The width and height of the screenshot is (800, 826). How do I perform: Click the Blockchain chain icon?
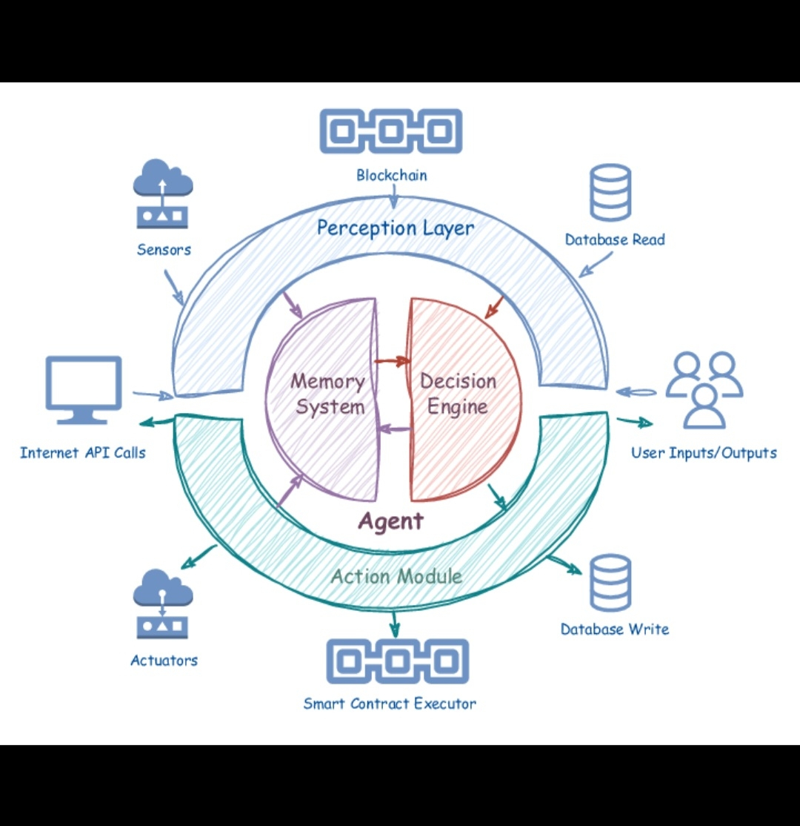(x=390, y=132)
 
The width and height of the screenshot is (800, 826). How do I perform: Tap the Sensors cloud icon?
(x=163, y=193)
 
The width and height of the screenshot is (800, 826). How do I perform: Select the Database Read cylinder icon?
(x=610, y=193)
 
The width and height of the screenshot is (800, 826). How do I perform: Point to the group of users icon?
(x=704, y=390)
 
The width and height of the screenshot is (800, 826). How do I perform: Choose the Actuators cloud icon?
(x=163, y=604)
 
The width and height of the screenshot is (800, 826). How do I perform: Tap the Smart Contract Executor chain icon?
(x=398, y=661)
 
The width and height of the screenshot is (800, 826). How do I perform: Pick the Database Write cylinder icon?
(x=610, y=583)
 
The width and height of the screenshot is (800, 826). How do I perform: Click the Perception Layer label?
(x=395, y=228)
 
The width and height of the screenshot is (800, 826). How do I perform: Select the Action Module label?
(x=396, y=576)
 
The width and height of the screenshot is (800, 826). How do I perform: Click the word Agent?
(x=390, y=521)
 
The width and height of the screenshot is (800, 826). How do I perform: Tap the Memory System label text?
(x=327, y=394)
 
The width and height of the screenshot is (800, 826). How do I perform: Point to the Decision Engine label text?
(x=458, y=394)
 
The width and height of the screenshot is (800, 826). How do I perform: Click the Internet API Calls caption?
(x=83, y=452)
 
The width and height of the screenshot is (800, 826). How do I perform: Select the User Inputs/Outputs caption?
(x=704, y=452)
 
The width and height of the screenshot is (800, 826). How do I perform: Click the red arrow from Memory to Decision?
(x=393, y=362)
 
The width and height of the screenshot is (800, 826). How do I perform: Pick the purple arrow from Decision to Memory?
(x=394, y=429)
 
